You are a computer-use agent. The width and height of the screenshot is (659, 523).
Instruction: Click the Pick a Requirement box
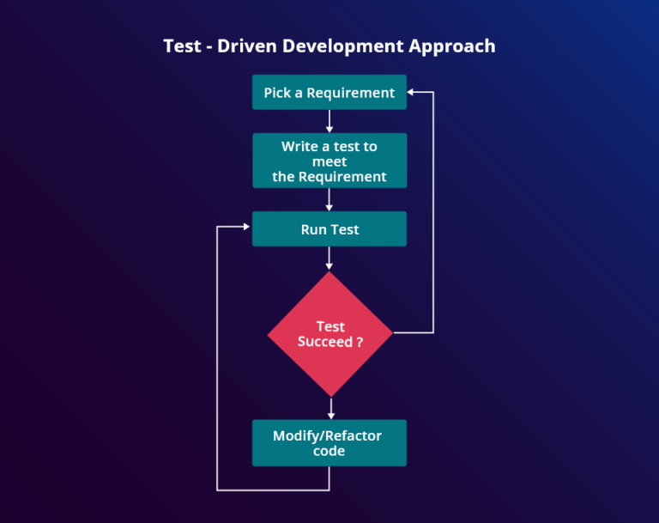coord(329,93)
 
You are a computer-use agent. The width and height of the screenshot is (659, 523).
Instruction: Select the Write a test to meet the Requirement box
coord(329,161)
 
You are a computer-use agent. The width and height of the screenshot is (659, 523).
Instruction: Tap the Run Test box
coord(329,229)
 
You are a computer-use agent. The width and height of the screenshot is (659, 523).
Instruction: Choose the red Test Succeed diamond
coord(329,334)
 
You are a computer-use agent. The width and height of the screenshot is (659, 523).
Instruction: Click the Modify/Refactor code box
coord(329,443)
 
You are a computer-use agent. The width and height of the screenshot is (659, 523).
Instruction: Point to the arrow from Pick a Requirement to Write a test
coord(329,121)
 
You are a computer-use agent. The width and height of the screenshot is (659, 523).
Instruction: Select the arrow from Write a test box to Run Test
coord(329,199)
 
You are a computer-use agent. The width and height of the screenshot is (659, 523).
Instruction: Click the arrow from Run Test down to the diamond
coord(329,258)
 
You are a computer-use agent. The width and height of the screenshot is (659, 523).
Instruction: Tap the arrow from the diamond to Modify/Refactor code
coord(329,408)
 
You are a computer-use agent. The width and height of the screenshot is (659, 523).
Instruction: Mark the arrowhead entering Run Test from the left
coord(247,228)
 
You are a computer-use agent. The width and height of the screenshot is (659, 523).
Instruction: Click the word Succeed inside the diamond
coord(324,342)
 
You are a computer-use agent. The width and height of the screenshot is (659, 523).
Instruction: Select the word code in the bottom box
coord(329,451)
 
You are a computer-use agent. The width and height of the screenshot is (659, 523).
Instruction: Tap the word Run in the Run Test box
coord(314,229)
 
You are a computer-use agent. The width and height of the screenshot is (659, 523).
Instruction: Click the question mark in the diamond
coord(359,342)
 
